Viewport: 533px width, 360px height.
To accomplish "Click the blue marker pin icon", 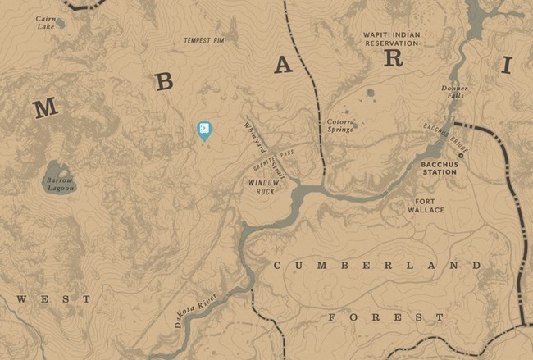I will (203, 130).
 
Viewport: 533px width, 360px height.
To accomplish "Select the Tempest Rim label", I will (204, 40).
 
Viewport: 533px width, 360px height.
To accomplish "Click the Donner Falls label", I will (453, 92).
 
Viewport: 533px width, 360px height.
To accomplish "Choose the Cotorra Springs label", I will (340, 125).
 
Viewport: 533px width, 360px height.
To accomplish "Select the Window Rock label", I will (265, 187).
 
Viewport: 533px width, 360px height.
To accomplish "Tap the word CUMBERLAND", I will (378, 266).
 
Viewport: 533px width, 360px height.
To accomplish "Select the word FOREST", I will (386, 317).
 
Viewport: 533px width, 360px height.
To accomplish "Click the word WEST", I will (54, 299).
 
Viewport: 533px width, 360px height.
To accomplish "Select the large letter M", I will (45, 107).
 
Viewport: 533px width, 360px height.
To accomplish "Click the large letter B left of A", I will (164, 81).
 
